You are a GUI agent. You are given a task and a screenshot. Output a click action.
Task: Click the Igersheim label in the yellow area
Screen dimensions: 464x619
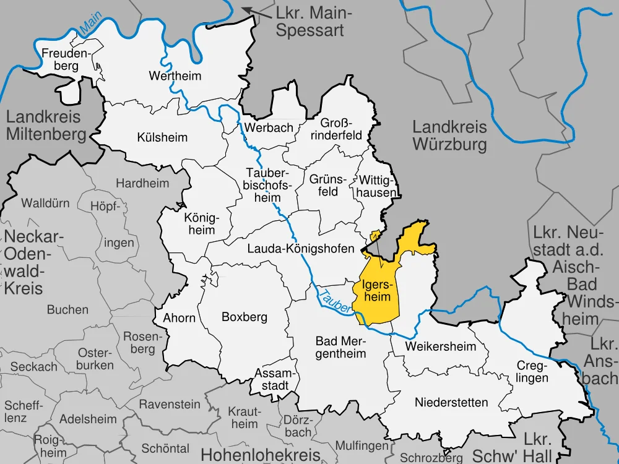(x=376, y=291)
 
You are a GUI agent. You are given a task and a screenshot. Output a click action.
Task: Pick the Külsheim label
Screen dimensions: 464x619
(x=162, y=137)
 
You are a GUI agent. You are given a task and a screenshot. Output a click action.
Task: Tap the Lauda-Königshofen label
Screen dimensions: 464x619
(x=300, y=249)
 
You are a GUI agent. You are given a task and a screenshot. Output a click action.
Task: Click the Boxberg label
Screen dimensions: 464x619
(x=244, y=317)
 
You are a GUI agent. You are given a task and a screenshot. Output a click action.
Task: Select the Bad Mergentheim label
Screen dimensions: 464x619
(x=340, y=347)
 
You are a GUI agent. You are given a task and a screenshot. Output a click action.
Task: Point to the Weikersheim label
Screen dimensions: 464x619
(x=440, y=346)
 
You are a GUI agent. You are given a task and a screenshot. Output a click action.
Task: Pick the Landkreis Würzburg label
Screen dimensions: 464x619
(x=449, y=136)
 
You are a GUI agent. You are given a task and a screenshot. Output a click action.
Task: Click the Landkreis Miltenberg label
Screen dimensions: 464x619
(x=46, y=125)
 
